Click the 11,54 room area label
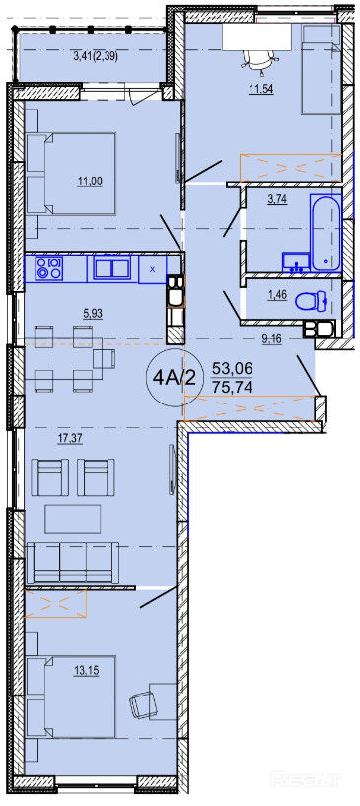pos(260,89)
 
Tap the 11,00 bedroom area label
pos(90,181)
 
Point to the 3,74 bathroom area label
pos(276,201)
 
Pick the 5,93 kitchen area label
pos(93,314)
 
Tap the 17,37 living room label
pos(70,438)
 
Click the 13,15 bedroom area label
pos(86,671)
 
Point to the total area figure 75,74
pos(233,388)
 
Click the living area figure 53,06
pos(232,369)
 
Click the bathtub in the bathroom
pos(325,233)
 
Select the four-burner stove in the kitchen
pos(48,268)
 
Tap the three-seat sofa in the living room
pos(72,562)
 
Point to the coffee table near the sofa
pos(72,519)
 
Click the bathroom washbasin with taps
pos(296,261)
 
